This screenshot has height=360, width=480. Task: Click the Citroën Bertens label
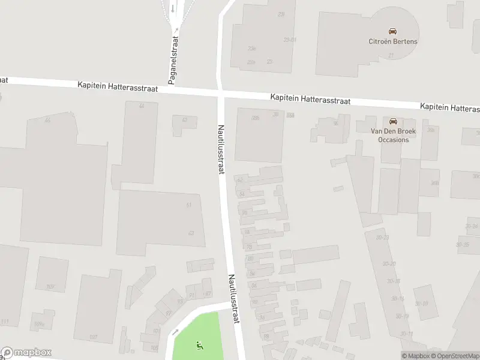(x=393, y=41)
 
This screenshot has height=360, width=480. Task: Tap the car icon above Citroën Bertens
(x=393, y=31)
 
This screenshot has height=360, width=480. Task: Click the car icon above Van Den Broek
(x=394, y=121)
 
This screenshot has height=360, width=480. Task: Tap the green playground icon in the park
(x=199, y=345)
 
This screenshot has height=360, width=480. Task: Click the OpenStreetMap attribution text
(x=454, y=356)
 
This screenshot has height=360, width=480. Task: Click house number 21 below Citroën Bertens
(x=391, y=55)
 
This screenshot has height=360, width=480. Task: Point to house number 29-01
(x=290, y=40)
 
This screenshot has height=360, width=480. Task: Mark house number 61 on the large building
(x=189, y=205)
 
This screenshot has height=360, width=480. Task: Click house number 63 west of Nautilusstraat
(x=191, y=233)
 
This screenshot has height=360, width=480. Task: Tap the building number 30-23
(x=382, y=238)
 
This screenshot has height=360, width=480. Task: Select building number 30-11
(x=407, y=334)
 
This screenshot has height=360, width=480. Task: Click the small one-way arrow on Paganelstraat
(x=173, y=8)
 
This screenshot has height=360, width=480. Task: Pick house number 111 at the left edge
(x=5, y=322)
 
